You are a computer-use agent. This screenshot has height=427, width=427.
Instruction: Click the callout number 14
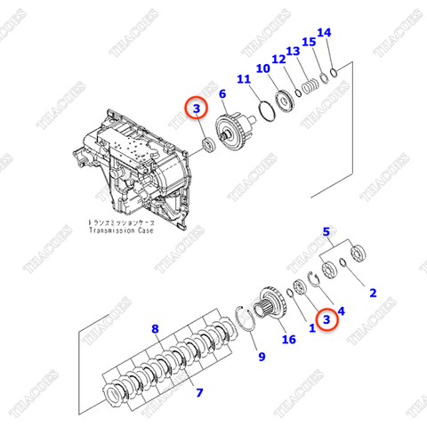324,33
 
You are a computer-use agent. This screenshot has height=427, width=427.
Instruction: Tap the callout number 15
308,42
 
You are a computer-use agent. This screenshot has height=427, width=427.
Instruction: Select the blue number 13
293,52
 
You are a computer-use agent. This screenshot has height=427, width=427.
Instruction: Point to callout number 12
278,60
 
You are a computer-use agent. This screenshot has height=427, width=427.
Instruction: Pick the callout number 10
262,68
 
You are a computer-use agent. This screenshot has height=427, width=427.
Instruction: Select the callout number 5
327,232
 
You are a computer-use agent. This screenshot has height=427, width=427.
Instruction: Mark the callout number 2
373,293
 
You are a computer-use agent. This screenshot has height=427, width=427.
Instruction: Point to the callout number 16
287,340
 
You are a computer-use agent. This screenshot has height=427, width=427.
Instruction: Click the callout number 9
262,358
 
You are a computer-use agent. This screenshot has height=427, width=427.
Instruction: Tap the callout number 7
199,392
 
